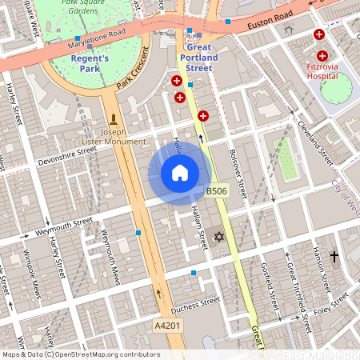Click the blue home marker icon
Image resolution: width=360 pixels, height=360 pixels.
pyautogui.click(x=180, y=173)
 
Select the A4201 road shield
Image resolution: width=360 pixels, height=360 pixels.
pyautogui.click(x=166, y=326)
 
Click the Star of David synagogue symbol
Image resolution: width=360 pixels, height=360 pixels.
pyautogui.click(x=218, y=238)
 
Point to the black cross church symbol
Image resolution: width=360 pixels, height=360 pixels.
pyautogui.click(x=334, y=257)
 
